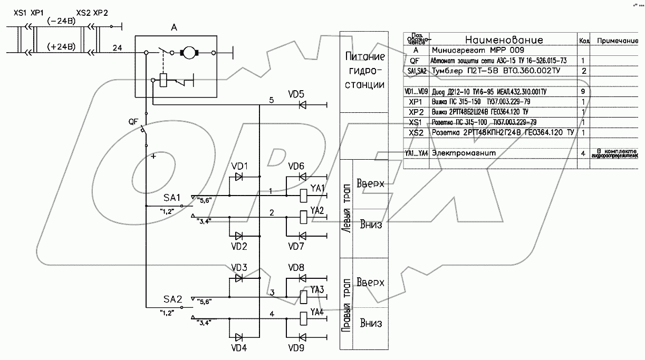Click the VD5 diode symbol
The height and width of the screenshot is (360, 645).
pyautogui.click(x=303, y=105)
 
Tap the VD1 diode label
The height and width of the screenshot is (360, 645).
pyautogui.click(x=239, y=167)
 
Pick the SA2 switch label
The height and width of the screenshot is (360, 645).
pyautogui.click(x=172, y=299)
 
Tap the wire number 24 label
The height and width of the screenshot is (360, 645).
pyautogui.click(x=118, y=47)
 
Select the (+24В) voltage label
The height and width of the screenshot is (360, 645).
pyautogui.click(x=61, y=46)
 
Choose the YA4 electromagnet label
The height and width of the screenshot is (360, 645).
pyautogui.click(x=317, y=312)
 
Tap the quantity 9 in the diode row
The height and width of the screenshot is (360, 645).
pyautogui.click(x=583, y=92)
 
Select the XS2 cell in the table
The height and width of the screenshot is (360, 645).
pyautogui.click(x=417, y=133)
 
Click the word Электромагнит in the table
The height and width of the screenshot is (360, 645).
pyautogui.click(x=464, y=153)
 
